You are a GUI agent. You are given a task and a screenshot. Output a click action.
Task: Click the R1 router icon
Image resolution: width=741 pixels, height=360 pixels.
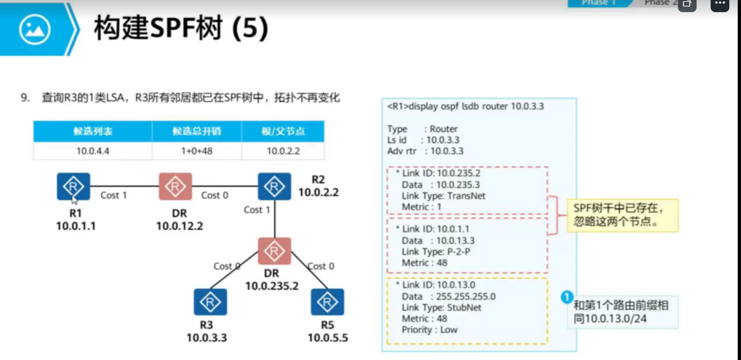tap(73, 186)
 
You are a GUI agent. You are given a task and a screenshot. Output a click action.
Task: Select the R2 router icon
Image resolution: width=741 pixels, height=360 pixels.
tap(274, 186)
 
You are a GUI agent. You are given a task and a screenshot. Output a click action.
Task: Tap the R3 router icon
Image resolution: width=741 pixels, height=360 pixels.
tap(210, 302)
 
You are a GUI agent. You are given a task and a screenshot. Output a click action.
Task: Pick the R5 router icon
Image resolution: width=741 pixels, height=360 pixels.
tap(327, 302)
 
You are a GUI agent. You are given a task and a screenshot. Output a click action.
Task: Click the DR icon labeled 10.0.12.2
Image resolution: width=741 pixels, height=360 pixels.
tap(175, 186)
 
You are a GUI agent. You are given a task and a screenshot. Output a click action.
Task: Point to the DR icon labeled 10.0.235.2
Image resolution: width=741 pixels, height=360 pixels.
tap(274, 251)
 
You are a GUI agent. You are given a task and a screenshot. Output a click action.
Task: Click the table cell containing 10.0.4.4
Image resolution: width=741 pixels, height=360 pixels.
tap(93, 151)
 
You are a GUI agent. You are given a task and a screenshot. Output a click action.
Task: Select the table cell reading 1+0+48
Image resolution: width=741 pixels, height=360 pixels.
tap(197, 151)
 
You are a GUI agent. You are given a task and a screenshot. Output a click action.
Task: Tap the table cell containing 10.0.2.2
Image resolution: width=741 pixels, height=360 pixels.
tap(283, 151)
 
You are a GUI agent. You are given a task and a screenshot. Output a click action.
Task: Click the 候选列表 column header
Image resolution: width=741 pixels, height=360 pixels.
tap(93, 131)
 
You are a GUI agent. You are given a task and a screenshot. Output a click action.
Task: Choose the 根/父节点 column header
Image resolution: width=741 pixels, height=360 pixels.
tap(283, 131)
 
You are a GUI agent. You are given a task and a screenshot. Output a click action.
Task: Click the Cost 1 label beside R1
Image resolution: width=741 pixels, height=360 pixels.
tap(114, 195)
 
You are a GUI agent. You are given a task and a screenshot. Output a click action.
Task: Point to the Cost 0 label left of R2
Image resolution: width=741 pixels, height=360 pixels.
tap(214, 195)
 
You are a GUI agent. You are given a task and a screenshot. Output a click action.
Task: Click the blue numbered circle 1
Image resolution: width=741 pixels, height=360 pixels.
tap(567, 297)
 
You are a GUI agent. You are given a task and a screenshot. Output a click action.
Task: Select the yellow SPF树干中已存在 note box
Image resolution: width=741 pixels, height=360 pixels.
tap(622, 215)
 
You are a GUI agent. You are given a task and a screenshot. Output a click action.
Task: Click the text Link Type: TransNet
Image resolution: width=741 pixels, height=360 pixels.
tap(443, 196)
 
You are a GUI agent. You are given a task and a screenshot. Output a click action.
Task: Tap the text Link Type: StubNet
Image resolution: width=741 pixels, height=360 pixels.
tap(441, 308)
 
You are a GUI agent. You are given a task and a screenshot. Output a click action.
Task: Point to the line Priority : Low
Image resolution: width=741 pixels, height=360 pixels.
tap(429, 330)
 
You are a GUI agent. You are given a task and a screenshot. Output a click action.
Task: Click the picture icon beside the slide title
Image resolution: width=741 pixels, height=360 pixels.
tap(35, 29)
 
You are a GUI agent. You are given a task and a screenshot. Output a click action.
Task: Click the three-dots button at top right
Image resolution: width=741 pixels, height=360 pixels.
tap(720, 5)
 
